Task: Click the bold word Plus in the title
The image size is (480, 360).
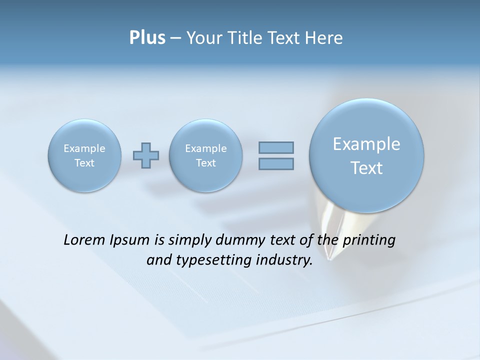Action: click(147, 38)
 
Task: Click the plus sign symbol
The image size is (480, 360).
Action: click(146, 155)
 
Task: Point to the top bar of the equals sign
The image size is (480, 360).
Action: click(276, 148)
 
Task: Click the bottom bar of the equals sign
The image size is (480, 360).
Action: click(276, 163)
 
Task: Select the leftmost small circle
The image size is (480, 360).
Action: click(84, 155)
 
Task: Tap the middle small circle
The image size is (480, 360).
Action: click(206, 155)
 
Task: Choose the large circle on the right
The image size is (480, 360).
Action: click(366, 155)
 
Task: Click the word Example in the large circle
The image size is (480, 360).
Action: click(366, 144)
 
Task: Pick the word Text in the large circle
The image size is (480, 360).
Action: click(366, 168)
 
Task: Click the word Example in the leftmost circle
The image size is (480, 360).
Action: click(84, 148)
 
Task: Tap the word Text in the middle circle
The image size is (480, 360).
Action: click(206, 163)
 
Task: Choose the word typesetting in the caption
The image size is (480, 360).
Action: click(210, 260)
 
